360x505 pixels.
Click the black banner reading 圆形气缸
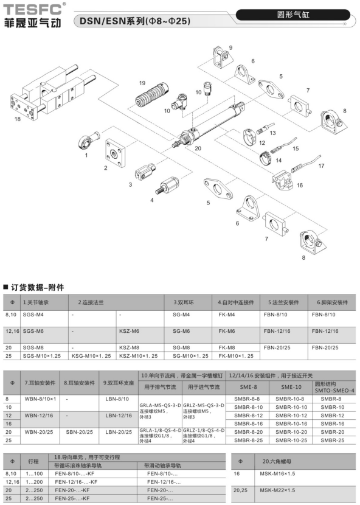pyautogui.click(x=292, y=15)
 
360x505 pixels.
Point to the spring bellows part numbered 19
pyautogui.click(x=149, y=96)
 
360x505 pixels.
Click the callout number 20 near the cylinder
pyautogui.click(x=198, y=148)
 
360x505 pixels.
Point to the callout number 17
pyautogui.click(x=321, y=165)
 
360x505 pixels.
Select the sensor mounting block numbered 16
pyautogui.click(x=282, y=180)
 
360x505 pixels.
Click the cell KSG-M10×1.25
pyautogui.click(x=91, y=356)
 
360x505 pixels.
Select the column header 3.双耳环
pyautogui.click(x=184, y=302)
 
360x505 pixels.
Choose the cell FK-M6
pyautogui.click(x=227, y=331)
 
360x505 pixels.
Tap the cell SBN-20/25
pyautogui.click(x=79, y=432)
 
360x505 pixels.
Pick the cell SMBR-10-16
pyautogui.click(x=291, y=423)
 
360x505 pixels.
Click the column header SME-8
pyautogui.click(x=248, y=387)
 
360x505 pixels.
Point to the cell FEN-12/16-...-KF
pyautogui.click(x=76, y=482)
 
